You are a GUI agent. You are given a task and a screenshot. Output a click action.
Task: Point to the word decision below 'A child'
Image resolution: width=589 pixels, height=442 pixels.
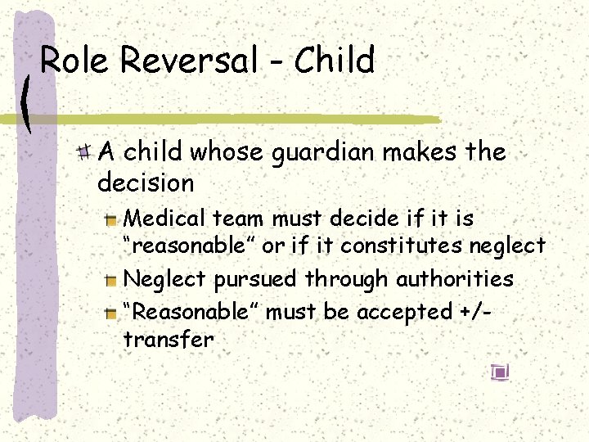click(x=146, y=182)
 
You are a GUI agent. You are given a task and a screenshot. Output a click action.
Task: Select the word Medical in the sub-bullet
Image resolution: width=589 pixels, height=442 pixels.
click(x=164, y=219)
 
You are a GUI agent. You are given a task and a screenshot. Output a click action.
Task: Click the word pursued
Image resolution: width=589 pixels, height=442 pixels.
click(x=255, y=279)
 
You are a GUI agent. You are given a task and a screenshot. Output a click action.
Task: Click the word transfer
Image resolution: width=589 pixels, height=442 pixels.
click(x=168, y=339)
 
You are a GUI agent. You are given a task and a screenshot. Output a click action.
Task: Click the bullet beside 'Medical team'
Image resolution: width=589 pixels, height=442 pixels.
click(x=111, y=219)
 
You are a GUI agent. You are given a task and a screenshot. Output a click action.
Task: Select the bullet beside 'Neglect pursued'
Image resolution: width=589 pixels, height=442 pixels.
click(x=111, y=279)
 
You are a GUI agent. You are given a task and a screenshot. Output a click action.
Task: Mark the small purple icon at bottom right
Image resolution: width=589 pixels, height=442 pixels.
click(x=501, y=372)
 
